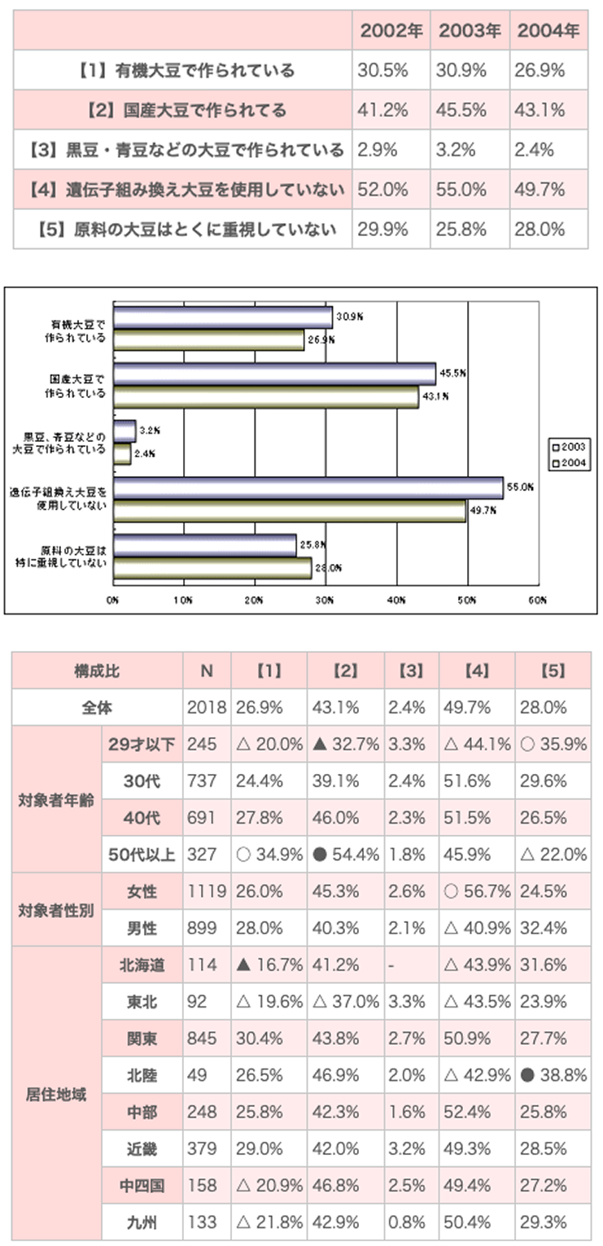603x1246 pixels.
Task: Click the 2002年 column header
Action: [x=391, y=32]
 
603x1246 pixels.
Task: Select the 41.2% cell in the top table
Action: [x=382, y=111]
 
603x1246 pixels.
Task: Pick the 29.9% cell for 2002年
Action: [x=382, y=230]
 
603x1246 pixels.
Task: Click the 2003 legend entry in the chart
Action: [x=570, y=446]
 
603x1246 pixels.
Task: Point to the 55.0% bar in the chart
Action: [x=308, y=487]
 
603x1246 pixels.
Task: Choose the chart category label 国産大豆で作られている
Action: [x=76, y=386]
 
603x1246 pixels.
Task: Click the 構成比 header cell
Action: [x=97, y=671]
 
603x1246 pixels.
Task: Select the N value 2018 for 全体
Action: [x=202, y=707]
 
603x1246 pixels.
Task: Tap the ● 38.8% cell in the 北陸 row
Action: [x=553, y=1075]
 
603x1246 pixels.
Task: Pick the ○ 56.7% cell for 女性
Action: [x=477, y=892]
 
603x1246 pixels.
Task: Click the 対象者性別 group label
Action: [x=55, y=910]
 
